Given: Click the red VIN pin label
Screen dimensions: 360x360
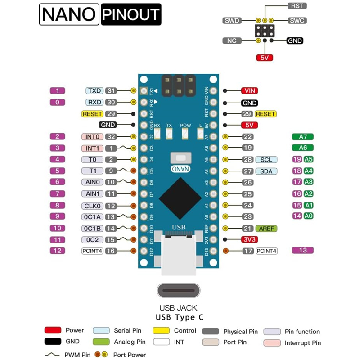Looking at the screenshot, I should [249, 91].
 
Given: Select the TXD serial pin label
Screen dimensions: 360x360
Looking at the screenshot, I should [94, 91].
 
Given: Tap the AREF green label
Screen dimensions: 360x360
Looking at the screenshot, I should [266, 229].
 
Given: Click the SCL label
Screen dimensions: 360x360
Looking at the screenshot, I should [266, 160].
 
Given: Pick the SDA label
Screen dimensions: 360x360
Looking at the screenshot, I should [266, 171].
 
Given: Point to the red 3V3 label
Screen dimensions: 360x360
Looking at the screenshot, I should [249, 240].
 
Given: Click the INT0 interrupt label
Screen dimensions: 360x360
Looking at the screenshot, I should [93, 137].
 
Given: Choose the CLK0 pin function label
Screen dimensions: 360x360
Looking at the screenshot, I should [93, 206].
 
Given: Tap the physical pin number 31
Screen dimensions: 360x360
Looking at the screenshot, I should [112, 91].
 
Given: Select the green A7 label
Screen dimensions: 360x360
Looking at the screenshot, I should [302, 137].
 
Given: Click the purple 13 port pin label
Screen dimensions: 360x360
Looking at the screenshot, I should [302, 250].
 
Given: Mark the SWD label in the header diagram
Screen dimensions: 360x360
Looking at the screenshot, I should [232, 21].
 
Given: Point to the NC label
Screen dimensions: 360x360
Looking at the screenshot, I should [232, 40].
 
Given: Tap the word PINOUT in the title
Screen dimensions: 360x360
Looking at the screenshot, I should [131, 15].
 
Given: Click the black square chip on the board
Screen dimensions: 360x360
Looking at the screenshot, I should [180, 198].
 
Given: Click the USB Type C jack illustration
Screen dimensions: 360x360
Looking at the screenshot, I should [179, 291].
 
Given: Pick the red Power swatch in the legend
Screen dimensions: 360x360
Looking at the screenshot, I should [53, 330].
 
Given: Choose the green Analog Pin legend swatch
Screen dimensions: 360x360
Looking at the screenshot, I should [101, 342].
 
